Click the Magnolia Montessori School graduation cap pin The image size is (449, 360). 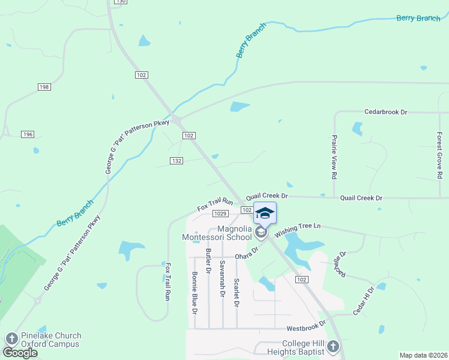[265, 214]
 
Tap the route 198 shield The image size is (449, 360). [44, 87]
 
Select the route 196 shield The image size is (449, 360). [28, 134]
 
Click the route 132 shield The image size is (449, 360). [176, 161]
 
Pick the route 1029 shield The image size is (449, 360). [220, 214]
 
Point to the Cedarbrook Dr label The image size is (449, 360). [386, 112]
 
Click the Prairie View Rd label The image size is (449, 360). [334, 157]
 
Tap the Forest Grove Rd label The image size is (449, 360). [439, 156]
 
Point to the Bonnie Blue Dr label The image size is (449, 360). [194, 292]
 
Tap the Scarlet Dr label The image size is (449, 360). [237, 292]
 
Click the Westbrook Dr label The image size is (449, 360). [306, 328]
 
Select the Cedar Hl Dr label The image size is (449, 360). [363, 300]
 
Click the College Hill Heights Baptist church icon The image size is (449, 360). [333, 347]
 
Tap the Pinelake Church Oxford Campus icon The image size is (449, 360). [11, 340]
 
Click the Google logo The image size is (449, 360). [20, 353]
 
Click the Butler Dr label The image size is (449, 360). [208, 262]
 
